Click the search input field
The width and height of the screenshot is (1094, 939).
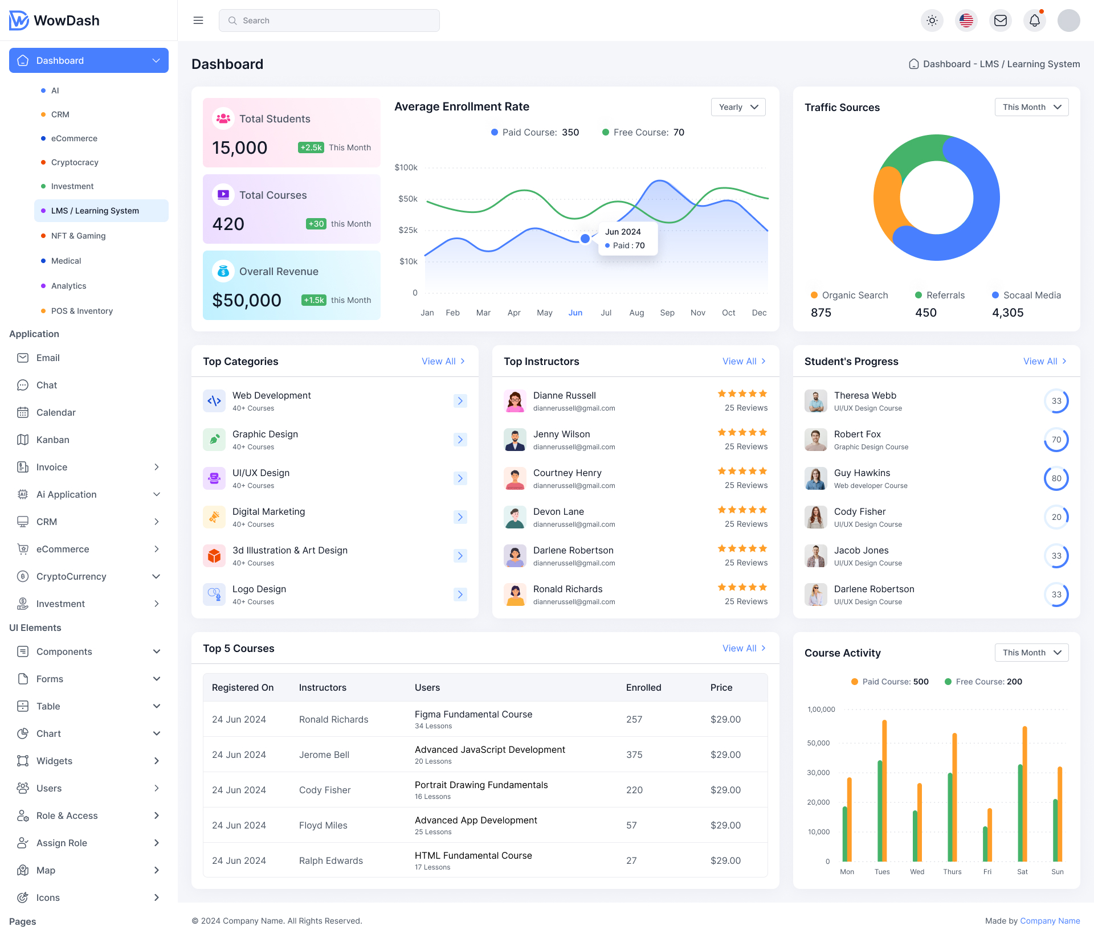329,20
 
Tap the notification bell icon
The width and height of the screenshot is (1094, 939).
1035,20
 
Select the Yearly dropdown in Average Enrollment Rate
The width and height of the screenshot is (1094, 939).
738,107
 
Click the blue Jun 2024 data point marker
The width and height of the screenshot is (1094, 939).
585,239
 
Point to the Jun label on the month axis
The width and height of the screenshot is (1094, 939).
575,313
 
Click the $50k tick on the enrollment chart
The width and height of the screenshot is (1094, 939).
408,199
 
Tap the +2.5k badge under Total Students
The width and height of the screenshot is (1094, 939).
311,147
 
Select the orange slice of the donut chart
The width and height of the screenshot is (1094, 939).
887,205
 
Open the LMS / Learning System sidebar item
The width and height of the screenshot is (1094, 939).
95,211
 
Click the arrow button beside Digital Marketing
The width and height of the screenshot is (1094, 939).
460,517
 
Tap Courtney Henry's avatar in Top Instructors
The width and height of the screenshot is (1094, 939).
515,478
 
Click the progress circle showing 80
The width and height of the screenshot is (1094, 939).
1056,478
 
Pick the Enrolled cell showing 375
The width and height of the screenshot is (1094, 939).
634,755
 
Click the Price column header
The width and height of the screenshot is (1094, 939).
721,687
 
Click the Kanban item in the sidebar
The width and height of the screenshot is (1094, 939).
52,440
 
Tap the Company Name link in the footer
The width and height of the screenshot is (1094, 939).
1050,921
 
